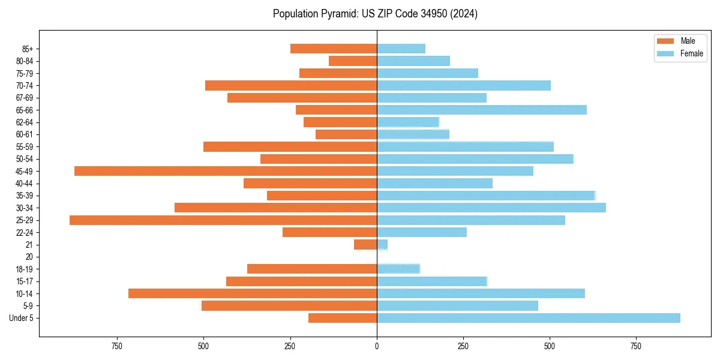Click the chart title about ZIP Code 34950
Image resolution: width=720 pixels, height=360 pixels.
pos(375,14)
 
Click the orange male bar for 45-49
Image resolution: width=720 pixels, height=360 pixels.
pos(226,171)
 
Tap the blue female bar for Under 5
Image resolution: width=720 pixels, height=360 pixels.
pos(529,318)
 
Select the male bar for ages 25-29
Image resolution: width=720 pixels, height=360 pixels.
pos(223,220)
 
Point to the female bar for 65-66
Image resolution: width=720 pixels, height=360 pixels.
pos(482,110)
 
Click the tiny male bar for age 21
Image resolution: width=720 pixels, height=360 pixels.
pos(365,245)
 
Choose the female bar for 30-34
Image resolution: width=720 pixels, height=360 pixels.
pos(491,208)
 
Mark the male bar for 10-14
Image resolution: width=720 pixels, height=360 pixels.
pos(253,293)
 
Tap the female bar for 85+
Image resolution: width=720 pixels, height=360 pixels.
pos(401,49)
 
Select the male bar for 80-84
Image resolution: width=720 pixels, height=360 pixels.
pos(353,61)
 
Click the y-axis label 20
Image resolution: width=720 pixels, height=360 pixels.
pos(29,257)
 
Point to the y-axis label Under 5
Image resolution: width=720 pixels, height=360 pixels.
pos(21,318)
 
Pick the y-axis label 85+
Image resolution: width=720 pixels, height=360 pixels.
pos(28,49)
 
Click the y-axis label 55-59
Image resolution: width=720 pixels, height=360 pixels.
pos(25,146)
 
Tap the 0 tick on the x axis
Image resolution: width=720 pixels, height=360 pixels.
pos(377,346)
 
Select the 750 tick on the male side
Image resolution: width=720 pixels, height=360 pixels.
pos(117,346)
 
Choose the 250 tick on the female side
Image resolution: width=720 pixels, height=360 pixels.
pos(463,346)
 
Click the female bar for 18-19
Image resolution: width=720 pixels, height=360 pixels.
pos(398,269)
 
